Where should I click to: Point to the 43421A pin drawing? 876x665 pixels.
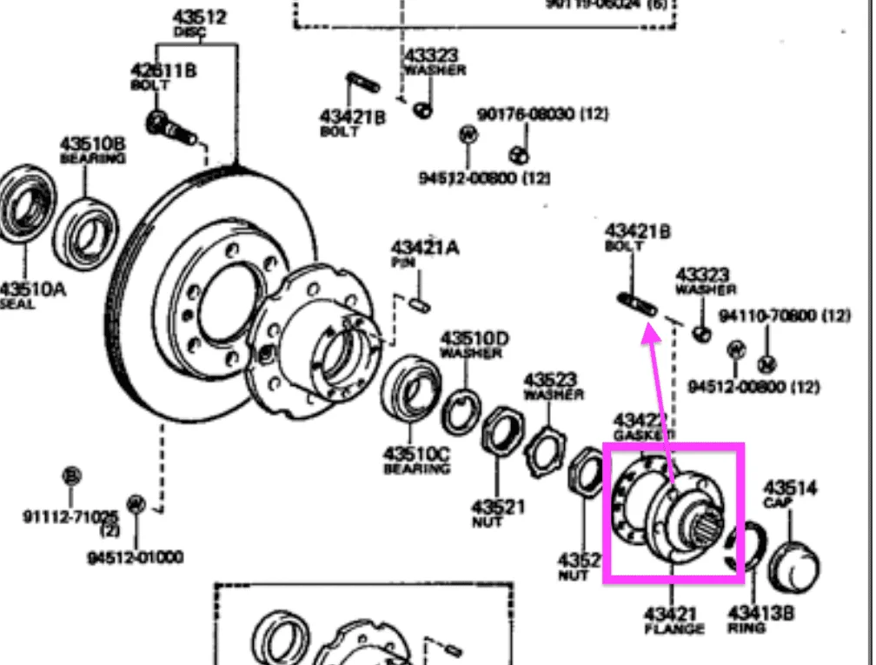point(419,303)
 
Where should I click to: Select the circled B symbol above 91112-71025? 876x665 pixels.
point(72,476)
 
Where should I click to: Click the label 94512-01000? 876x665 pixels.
point(135,556)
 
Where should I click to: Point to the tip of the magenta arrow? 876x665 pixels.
point(647,328)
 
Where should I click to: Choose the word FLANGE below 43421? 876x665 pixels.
point(674,628)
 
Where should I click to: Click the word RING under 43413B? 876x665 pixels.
point(747,627)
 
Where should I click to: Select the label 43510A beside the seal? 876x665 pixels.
point(32,289)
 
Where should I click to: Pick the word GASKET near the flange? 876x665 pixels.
point(643,434)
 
